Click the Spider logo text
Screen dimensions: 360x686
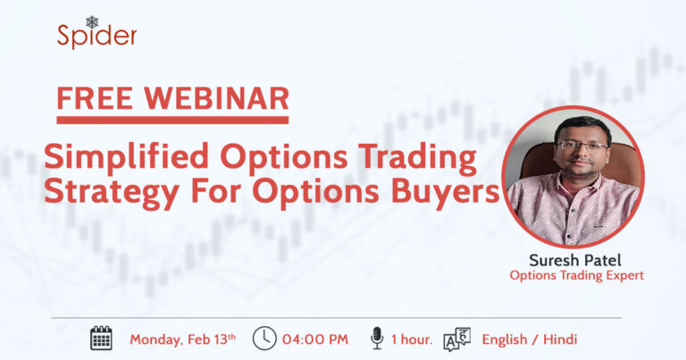tap(96, 37)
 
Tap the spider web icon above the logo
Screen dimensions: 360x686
tap(92, 21)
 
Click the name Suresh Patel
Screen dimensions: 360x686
tap(576, 259)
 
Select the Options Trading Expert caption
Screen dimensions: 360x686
tap(576, 276)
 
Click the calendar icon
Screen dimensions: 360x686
tap(102, 338)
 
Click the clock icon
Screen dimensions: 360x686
tap(264, 338)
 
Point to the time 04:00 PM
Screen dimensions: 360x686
tap(314, 339)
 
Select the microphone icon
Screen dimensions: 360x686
tap(377, 338)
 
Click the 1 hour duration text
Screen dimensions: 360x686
tap(413, 339)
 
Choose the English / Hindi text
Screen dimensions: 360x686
tap(529, 339)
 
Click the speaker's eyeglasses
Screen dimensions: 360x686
tap(581, 145)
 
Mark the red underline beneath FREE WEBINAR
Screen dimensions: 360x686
tap(172, 119)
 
